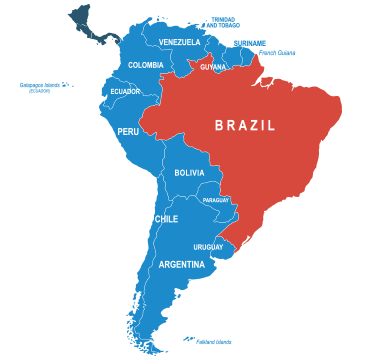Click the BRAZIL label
pyautogui.click(x=245, y=126)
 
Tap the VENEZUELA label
pyautogui.click(x=180, y=42)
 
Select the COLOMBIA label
pyautogui.click(x=146, y=66)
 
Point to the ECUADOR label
pyautogui.click(x=125, y=92)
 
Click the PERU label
pyautogui.click(x=128, y=131)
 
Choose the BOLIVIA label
pyautogui.click(x=189, y=173)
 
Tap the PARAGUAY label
pyautogui.click(x=216, y=200)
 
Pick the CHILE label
pyautogui.click(x=166, y=219)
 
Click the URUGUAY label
pyautogui.click(x=208, y=247)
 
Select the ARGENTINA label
pyautogui.click(x=182, y=265)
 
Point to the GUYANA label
pyautogui.click(x=213, y=67)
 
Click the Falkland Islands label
pyautogui.click(x=214, y=342)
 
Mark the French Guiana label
pyautogui.click(x=278, y=53)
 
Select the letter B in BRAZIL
pyautogui.click(x=220, y=126)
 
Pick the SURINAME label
pyautogui.click(x=250, y=42)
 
